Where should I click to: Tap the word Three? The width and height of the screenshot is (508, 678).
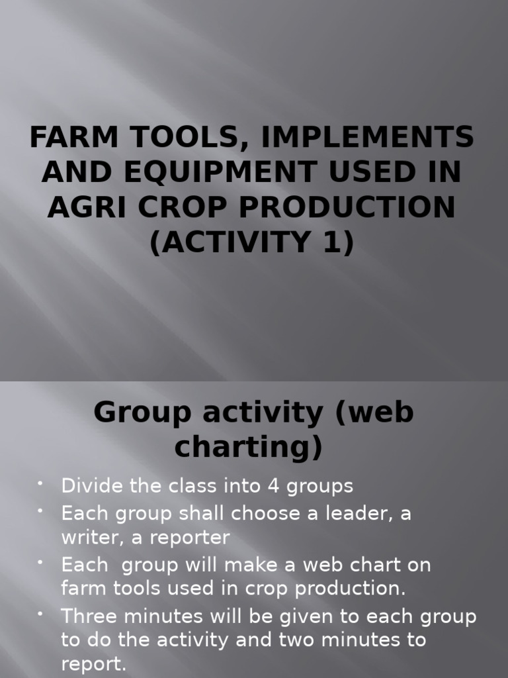tap(90, 616)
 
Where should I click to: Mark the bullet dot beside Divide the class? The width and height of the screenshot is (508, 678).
tap(41, 485)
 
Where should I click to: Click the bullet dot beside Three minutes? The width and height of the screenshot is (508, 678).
tap(41, 615)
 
